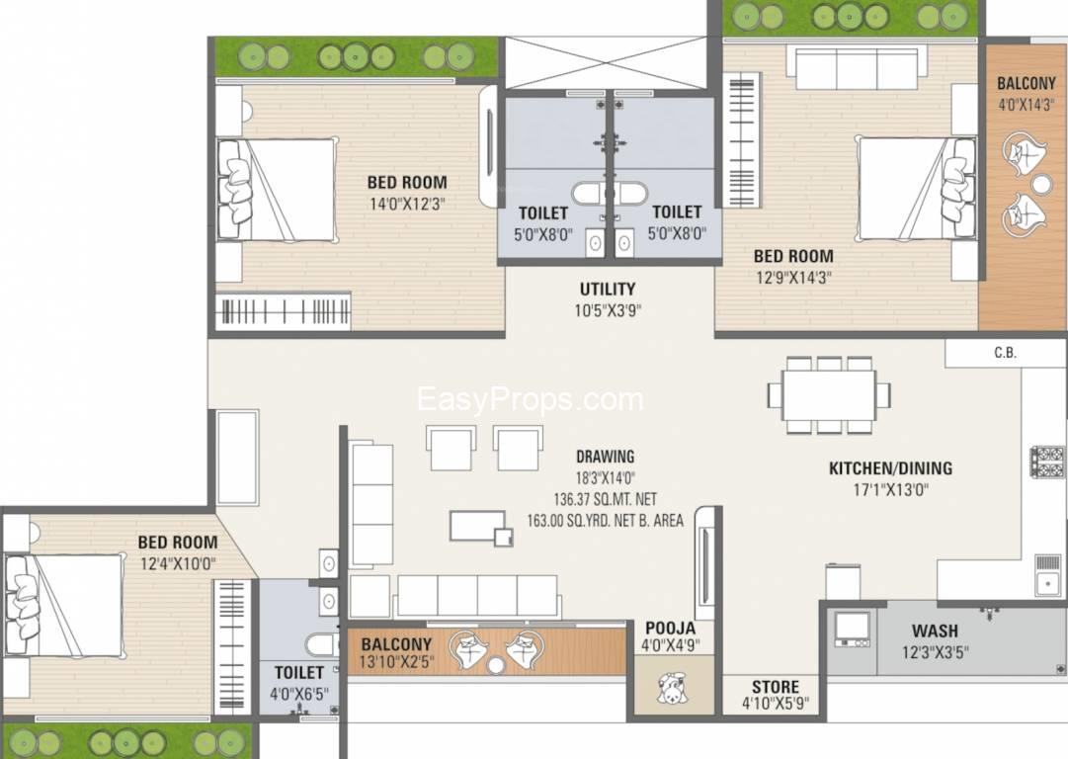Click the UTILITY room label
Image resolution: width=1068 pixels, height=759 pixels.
pyautogui.click(x=607, y=290)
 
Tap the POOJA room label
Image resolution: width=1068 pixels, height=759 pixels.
pyautogui.click(x=671, y=629)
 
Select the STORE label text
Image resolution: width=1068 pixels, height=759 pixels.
pyautogui.click(x=776, y=687)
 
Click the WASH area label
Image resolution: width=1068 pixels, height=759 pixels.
pyautogui.click(x=935, y=631)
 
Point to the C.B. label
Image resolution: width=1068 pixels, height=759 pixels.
pyautogui.click(x=1006, y=353)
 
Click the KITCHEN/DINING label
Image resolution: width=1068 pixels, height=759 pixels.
pyautogui.click(x=890, y=468)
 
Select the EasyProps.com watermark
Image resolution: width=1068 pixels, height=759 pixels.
pyautogui.click(x=531, y=399)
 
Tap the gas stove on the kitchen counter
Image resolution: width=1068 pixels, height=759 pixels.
pyautogui.click(x=1047, y=462)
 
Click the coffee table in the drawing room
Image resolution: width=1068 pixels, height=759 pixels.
pyautogui.click(x=479, y=526)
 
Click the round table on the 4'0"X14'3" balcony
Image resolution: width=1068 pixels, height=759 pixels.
pyautogui.click(x=1041, y=184)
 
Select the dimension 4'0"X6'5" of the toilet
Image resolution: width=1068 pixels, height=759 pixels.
pyautogui.click(x=299, y=694)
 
